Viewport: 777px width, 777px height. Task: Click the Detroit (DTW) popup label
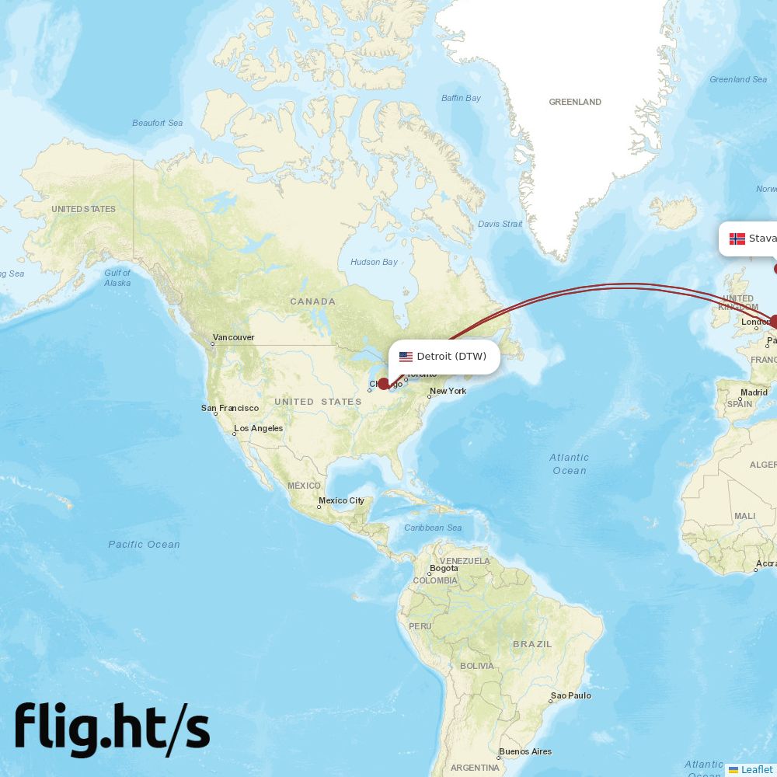click(x=451, y=357)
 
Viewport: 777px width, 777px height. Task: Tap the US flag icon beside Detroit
click(x=406, y=357)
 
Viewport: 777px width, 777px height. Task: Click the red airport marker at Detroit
click(x=383, y=383)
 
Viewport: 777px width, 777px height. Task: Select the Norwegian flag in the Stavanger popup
click(x=737, y=239)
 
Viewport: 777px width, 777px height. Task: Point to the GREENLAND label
click(x=575, y=102)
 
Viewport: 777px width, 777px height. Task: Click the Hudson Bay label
click(x=374, y=262)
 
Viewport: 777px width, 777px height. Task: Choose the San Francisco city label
click(x=229, y=408)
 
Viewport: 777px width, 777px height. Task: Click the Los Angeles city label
click(x=259, y=428)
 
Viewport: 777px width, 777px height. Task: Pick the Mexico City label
click(x=341, y=500)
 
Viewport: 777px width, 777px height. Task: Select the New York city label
click(x=448, y=391)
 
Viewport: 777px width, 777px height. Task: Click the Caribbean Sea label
click(x=433, y=528)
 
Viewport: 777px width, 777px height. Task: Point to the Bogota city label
click(x=444, y=568)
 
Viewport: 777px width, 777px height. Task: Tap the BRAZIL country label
click(x=532, y=644)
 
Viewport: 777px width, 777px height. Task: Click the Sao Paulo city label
click(x=572, y=695)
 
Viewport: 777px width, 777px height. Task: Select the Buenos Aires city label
click(x=525, y=751)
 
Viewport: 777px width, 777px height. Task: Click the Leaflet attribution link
click(x=756, y=769)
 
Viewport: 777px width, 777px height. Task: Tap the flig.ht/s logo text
click(x=112, y=729)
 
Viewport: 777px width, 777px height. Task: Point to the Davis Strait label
click(x=500, y=224)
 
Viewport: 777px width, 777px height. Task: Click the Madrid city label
click(x=754, y=392)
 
